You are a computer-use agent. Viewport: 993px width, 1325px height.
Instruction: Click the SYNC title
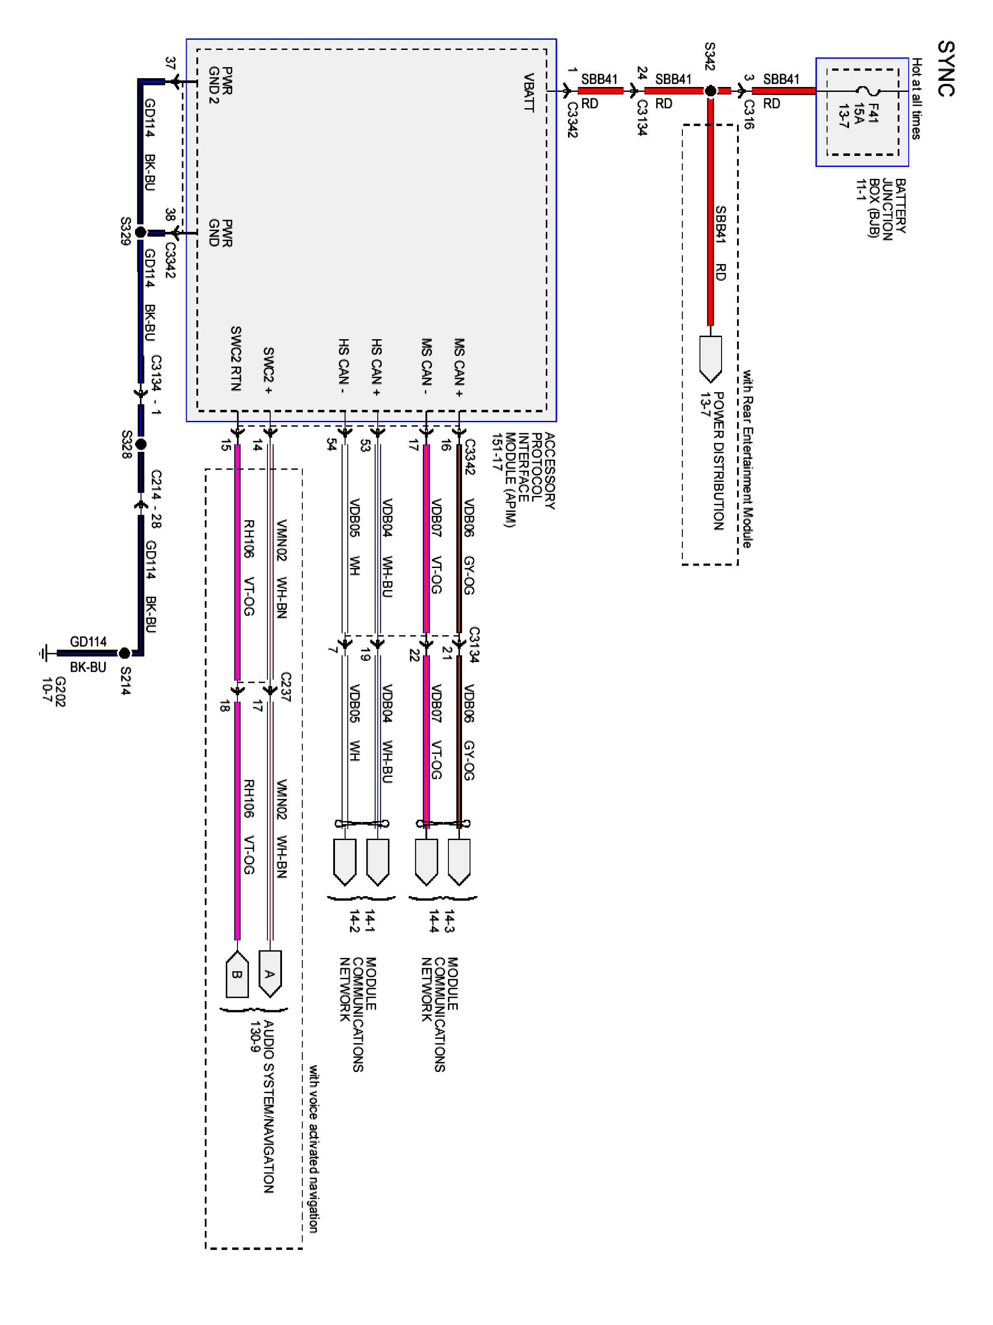pyautogui.click(x=946, y=68)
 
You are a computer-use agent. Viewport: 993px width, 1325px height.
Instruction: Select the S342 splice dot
pyautogui.click(x=711, y=91)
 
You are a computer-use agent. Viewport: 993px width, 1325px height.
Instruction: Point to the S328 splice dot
pyautogui.click(x=141, y=444)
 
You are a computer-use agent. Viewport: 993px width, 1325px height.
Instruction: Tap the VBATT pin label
pyautogui.click(x=529, y=92)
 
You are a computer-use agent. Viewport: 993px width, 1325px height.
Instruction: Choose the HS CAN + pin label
pyautogui.click(x=376, y=367)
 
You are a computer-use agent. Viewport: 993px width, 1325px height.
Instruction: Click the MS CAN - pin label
pyautogui.click(x=426, y=367)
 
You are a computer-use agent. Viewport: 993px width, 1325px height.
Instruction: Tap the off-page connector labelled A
pyautogui.click(x=270, y=973)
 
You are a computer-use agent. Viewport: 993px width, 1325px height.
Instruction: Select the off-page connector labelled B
pyautogui.click(x=237, y=974)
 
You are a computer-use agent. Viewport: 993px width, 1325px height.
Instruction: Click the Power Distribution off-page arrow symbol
pyautogui.click(x=711, y=358)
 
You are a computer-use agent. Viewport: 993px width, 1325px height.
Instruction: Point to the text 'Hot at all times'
pyautogui.click(x=916, y=99)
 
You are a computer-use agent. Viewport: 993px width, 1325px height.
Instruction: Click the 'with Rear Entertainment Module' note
pyautogui.click(x=748, y=459)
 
